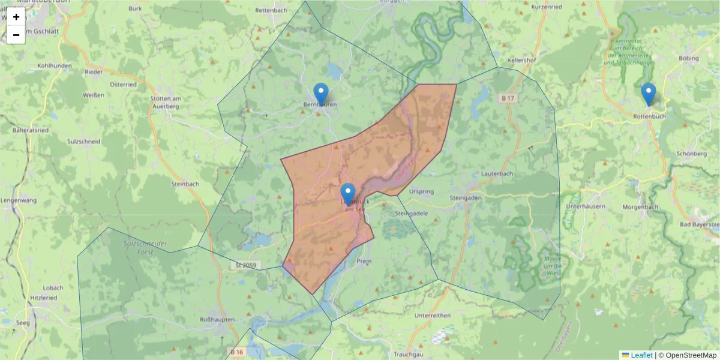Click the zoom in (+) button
point(16,17)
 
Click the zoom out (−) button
point(16,35)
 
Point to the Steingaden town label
point(466,197)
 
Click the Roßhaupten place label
point(218,320)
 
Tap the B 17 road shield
point(508,98)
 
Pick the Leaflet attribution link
point(637,355)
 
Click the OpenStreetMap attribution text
point(687,355)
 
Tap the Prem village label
point(364,262)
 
